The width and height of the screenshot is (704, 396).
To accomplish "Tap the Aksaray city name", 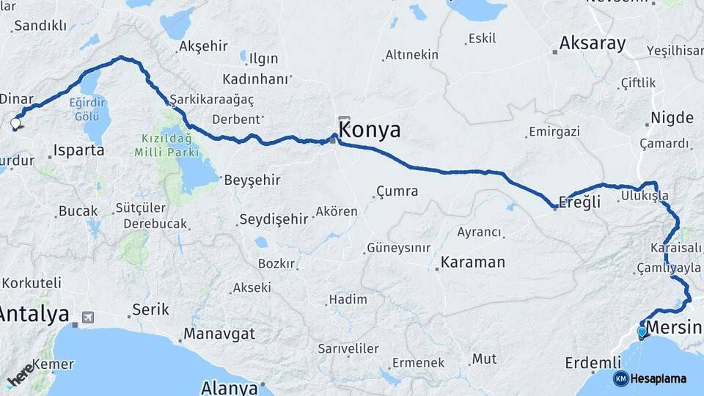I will pos(593,43).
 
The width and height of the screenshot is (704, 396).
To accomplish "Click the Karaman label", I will pos(473,262).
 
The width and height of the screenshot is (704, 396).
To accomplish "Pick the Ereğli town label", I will pos(579,202).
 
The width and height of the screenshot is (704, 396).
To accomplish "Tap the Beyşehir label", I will pos(252,180).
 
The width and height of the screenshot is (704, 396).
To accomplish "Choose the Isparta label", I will pos(79,150).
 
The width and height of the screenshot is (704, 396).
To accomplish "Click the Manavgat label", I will pos(219,334).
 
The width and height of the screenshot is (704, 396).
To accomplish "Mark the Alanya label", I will pos(230,387).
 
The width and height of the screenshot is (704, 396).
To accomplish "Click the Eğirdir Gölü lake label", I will pos(87,110).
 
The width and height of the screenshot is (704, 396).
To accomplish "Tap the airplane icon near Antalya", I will pos(88,318).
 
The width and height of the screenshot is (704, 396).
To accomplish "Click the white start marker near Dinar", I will pos(15,123).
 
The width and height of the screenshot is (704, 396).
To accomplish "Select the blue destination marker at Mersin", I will pos(642,331).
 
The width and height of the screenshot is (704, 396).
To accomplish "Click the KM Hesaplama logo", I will pos(650,378).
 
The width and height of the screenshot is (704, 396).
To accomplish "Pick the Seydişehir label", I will pos(273,219).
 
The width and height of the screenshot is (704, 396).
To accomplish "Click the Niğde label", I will pos(672,118).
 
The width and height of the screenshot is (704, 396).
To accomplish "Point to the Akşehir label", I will pos(203,46).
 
